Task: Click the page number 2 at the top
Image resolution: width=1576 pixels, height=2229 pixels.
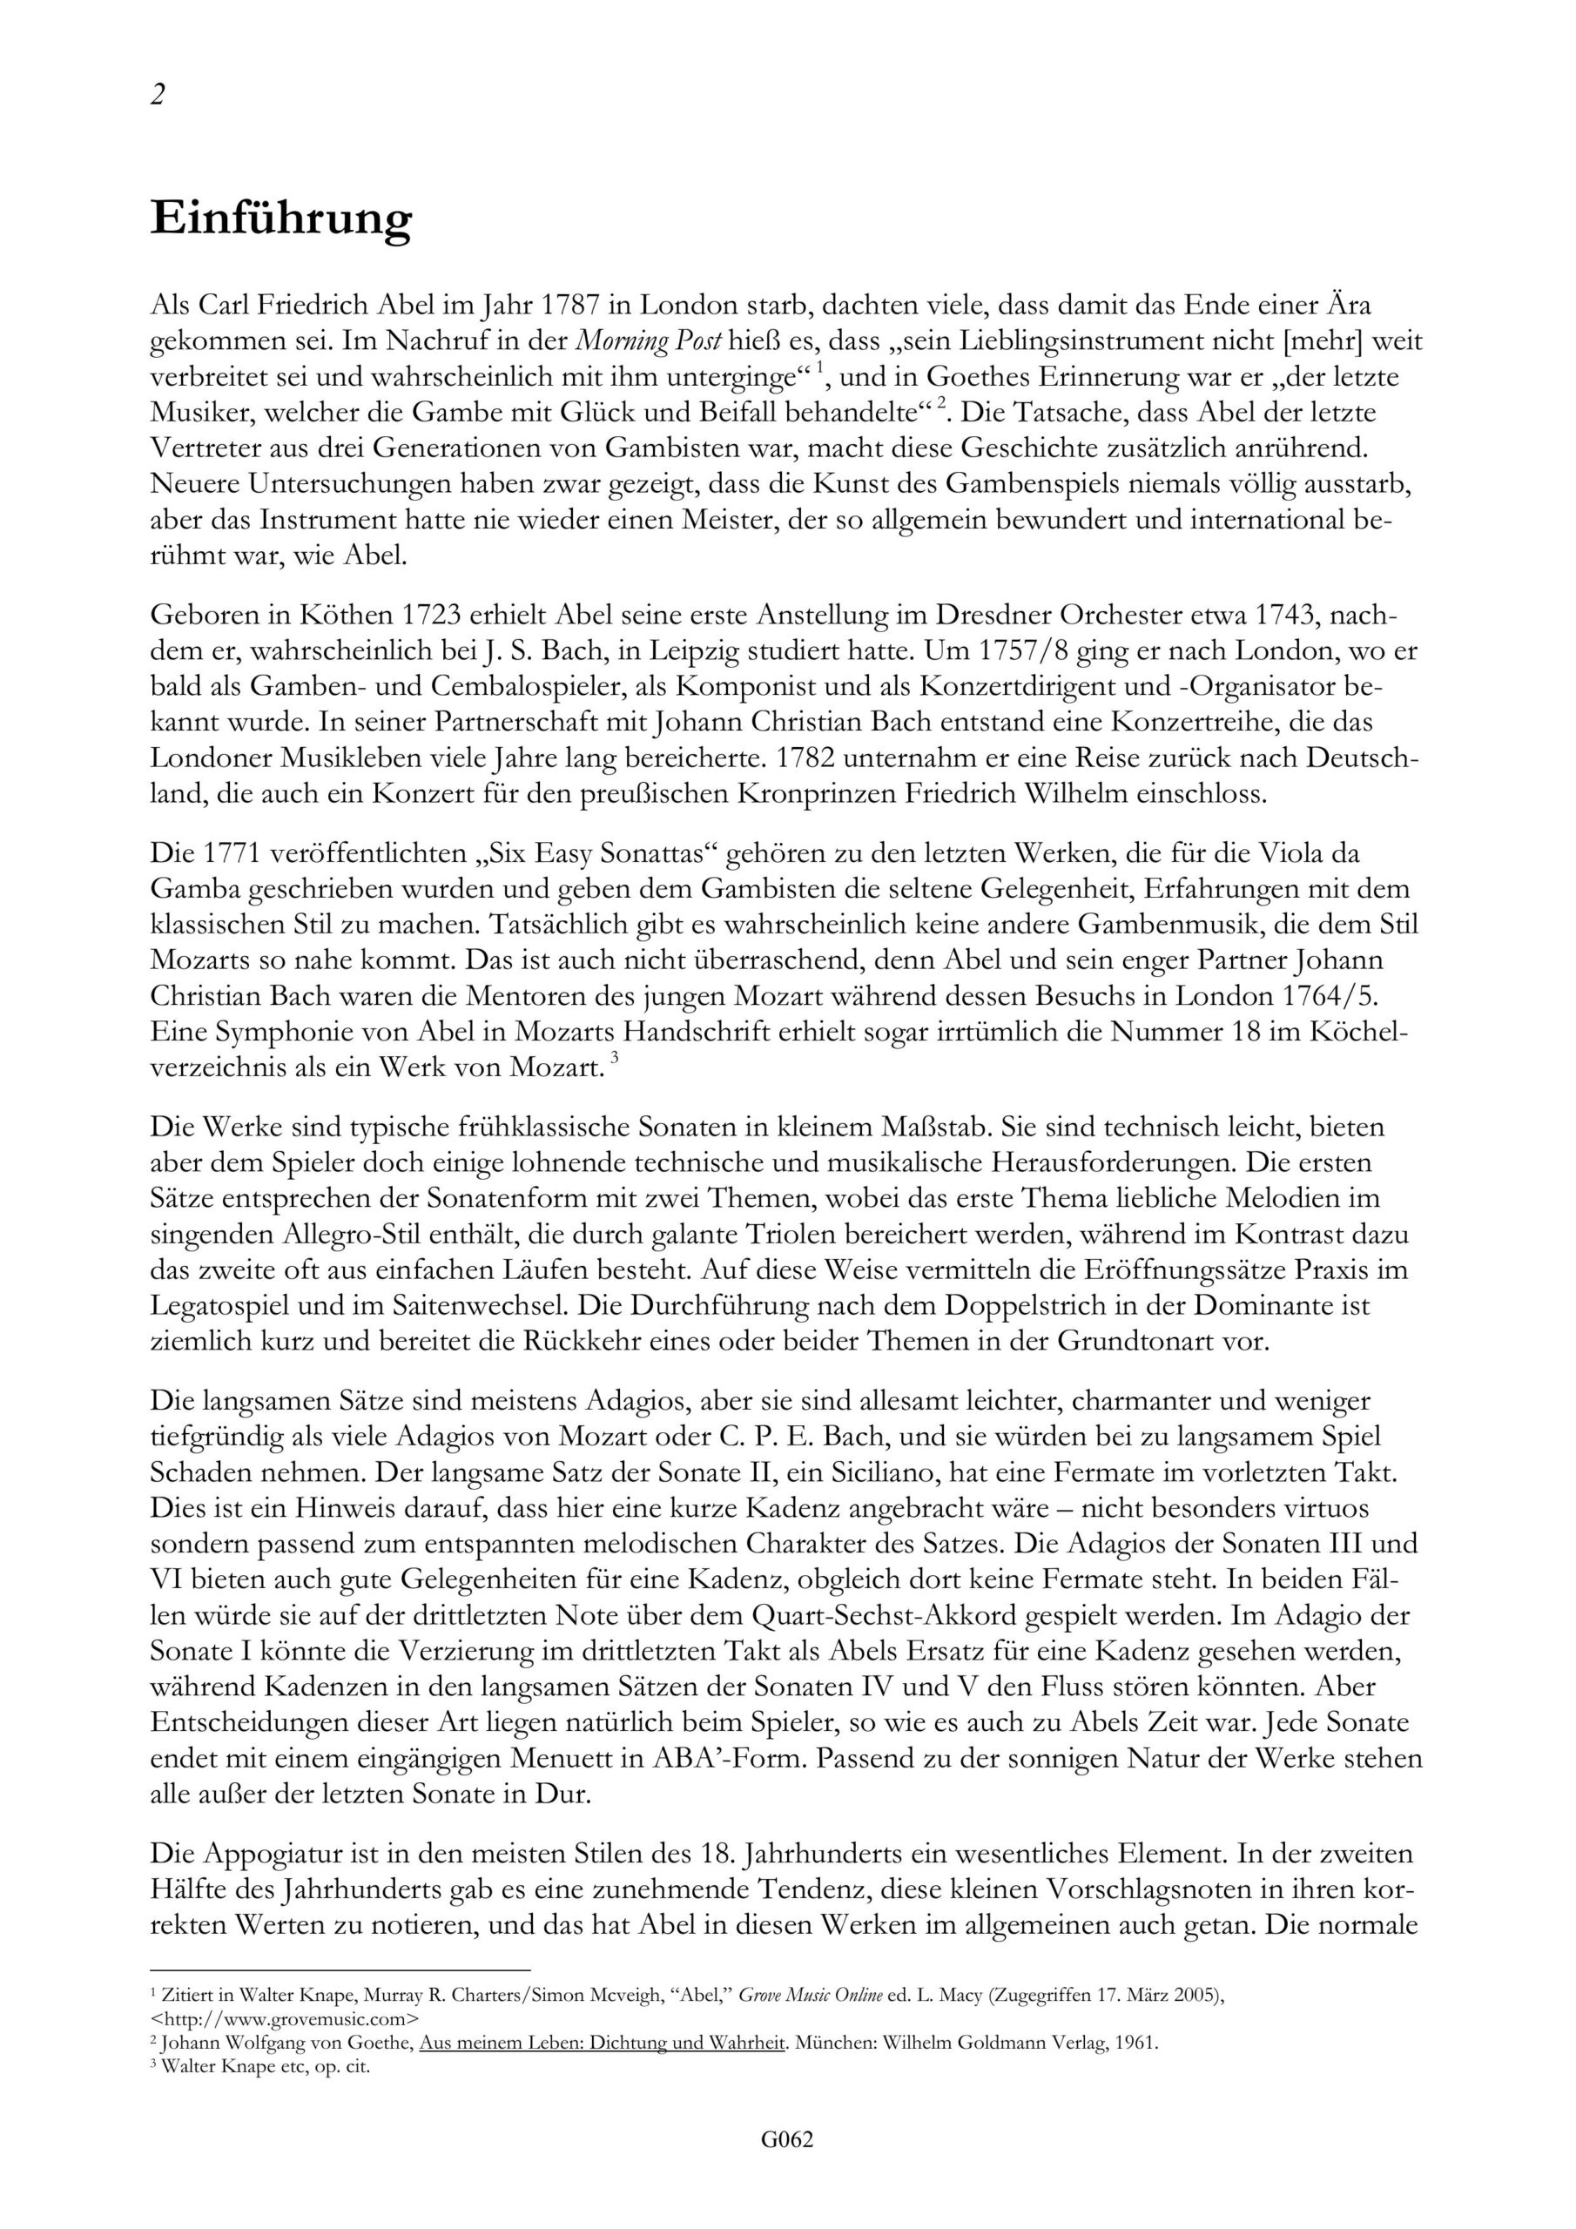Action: point(158,94)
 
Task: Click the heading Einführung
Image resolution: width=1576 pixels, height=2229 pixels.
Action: point(280,219)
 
